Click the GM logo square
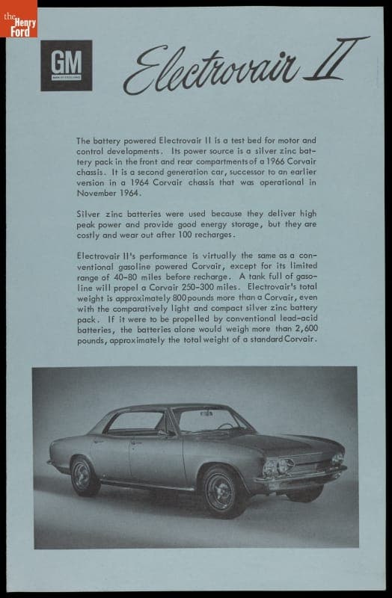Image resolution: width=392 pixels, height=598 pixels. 66,65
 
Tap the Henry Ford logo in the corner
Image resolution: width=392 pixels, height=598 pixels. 18,19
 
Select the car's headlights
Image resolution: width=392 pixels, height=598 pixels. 276,468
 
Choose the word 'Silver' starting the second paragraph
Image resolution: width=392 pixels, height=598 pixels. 89,213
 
